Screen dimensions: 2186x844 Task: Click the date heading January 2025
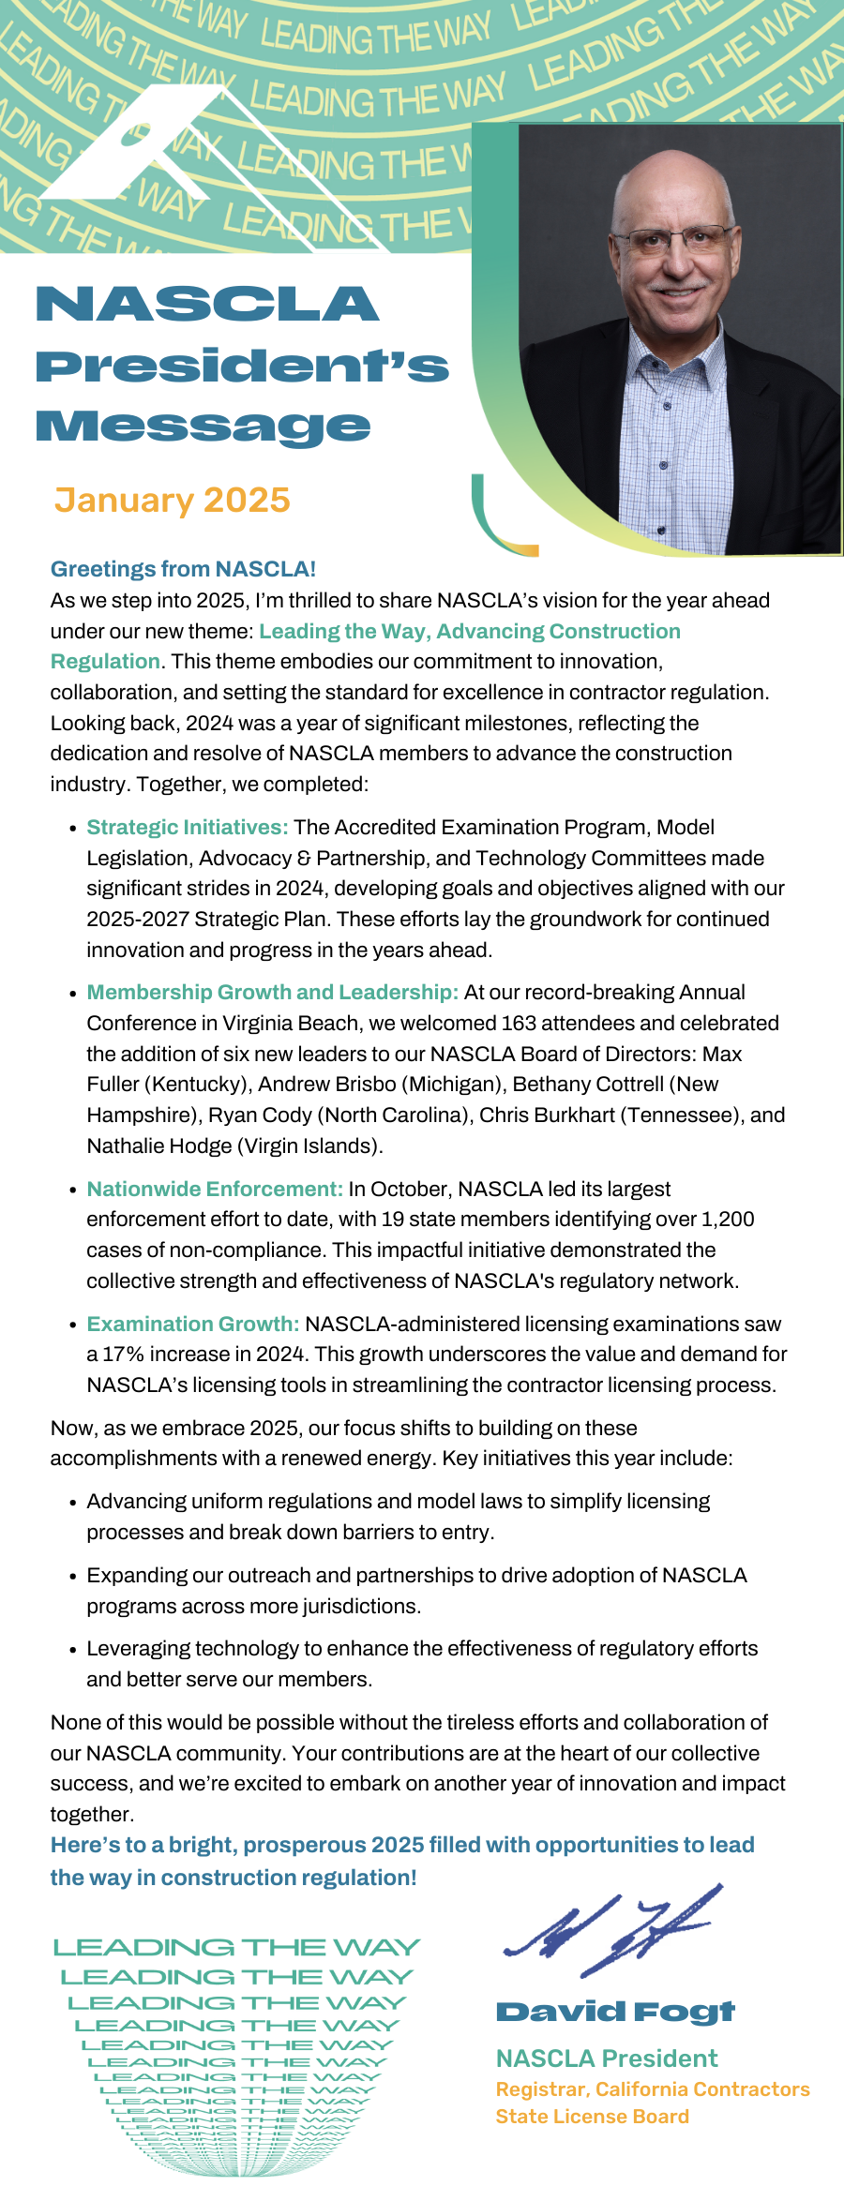click(x=172, y=501)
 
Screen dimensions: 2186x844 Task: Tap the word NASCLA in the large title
click(x=207, y=305)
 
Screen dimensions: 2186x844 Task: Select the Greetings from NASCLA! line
click(x=183, y=569)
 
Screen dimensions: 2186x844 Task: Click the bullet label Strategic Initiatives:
click(x=188, y=827)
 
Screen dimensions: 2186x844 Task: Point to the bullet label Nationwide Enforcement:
click(x=215, y=1189)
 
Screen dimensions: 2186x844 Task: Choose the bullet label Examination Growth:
click(x=193, y=1324)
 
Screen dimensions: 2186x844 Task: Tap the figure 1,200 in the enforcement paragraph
click(x=728, y=1219)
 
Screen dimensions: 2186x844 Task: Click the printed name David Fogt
click(x=615, y=2012)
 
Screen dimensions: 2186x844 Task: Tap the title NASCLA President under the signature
click(x=607, y=2059)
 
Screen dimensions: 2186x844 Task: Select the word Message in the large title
click(x=203, y=427)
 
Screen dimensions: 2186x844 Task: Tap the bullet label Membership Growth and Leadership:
click(x=272, y=992)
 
